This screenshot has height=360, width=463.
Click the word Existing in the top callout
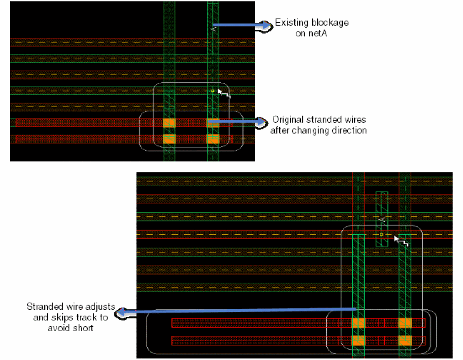(289, 22)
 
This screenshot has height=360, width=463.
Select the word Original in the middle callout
(287, 120)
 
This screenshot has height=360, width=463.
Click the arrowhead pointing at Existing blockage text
(265, 26)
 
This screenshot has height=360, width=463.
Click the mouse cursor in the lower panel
(400, 241)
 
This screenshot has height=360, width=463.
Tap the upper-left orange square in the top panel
(169, 123)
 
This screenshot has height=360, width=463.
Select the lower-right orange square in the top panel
(213, 139)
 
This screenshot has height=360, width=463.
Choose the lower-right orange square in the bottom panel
(404, 340)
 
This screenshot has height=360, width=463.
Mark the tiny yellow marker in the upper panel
(213, 91)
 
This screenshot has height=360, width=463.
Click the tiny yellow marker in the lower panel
(381, 234)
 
